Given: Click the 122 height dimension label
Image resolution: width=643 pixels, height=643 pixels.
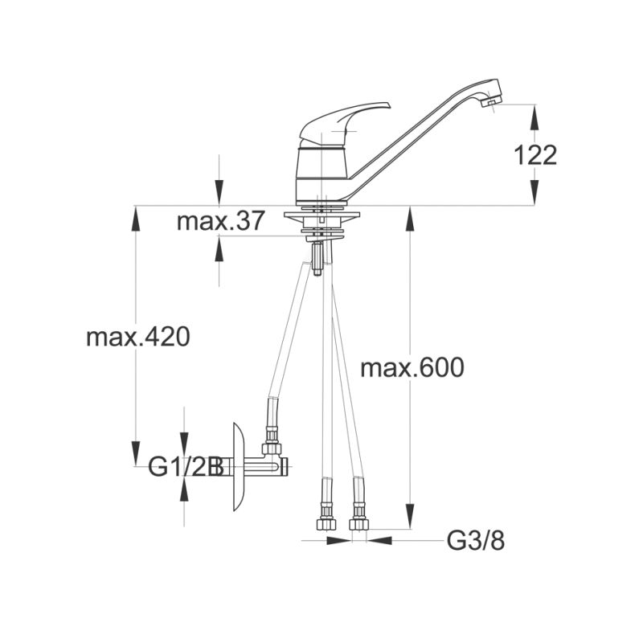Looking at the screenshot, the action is coord(535,155).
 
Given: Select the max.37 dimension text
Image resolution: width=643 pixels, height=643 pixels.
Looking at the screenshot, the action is coord(220,221).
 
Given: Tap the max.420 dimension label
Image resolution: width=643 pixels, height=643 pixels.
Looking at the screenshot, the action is coord(138,337).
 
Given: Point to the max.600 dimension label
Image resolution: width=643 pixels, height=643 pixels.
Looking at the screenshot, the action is coord(412,367).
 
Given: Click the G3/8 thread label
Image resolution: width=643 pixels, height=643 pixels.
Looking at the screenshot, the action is coord(476,541).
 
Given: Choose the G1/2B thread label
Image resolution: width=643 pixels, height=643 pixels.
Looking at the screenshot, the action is coord(186,466).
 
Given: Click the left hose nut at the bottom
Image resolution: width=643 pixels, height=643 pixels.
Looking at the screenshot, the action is coord(326,524).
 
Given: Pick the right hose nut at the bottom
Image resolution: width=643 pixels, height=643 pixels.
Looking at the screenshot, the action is coord(359,524).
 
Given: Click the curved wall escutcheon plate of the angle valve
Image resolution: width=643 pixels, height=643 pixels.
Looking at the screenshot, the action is coord(239,467).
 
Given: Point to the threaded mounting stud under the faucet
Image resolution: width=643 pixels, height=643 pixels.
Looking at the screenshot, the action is coord(317,259).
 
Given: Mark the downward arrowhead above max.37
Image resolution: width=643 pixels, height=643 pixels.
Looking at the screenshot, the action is coord(219,193).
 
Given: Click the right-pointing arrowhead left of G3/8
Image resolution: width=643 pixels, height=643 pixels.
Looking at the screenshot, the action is coord(338,541).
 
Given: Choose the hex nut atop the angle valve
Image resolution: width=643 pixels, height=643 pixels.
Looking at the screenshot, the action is coord(272,448).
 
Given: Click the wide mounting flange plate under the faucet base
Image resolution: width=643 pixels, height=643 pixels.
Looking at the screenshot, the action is coord(321,215).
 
